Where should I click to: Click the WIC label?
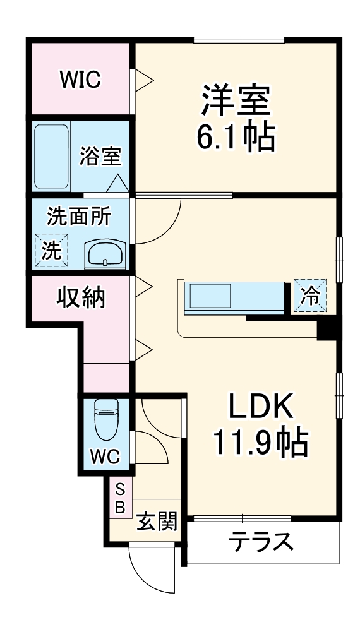pos(80,80)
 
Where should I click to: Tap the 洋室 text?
pos(236,102)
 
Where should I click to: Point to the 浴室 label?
pos(100,155)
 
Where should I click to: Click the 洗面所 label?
pos(78,217)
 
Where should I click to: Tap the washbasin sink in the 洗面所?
pos(105,255)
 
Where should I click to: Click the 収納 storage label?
pos(81,296)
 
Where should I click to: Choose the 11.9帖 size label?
pos(260,444)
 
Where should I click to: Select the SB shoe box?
pos(120,498)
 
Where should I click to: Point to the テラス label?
pos(261,542)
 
